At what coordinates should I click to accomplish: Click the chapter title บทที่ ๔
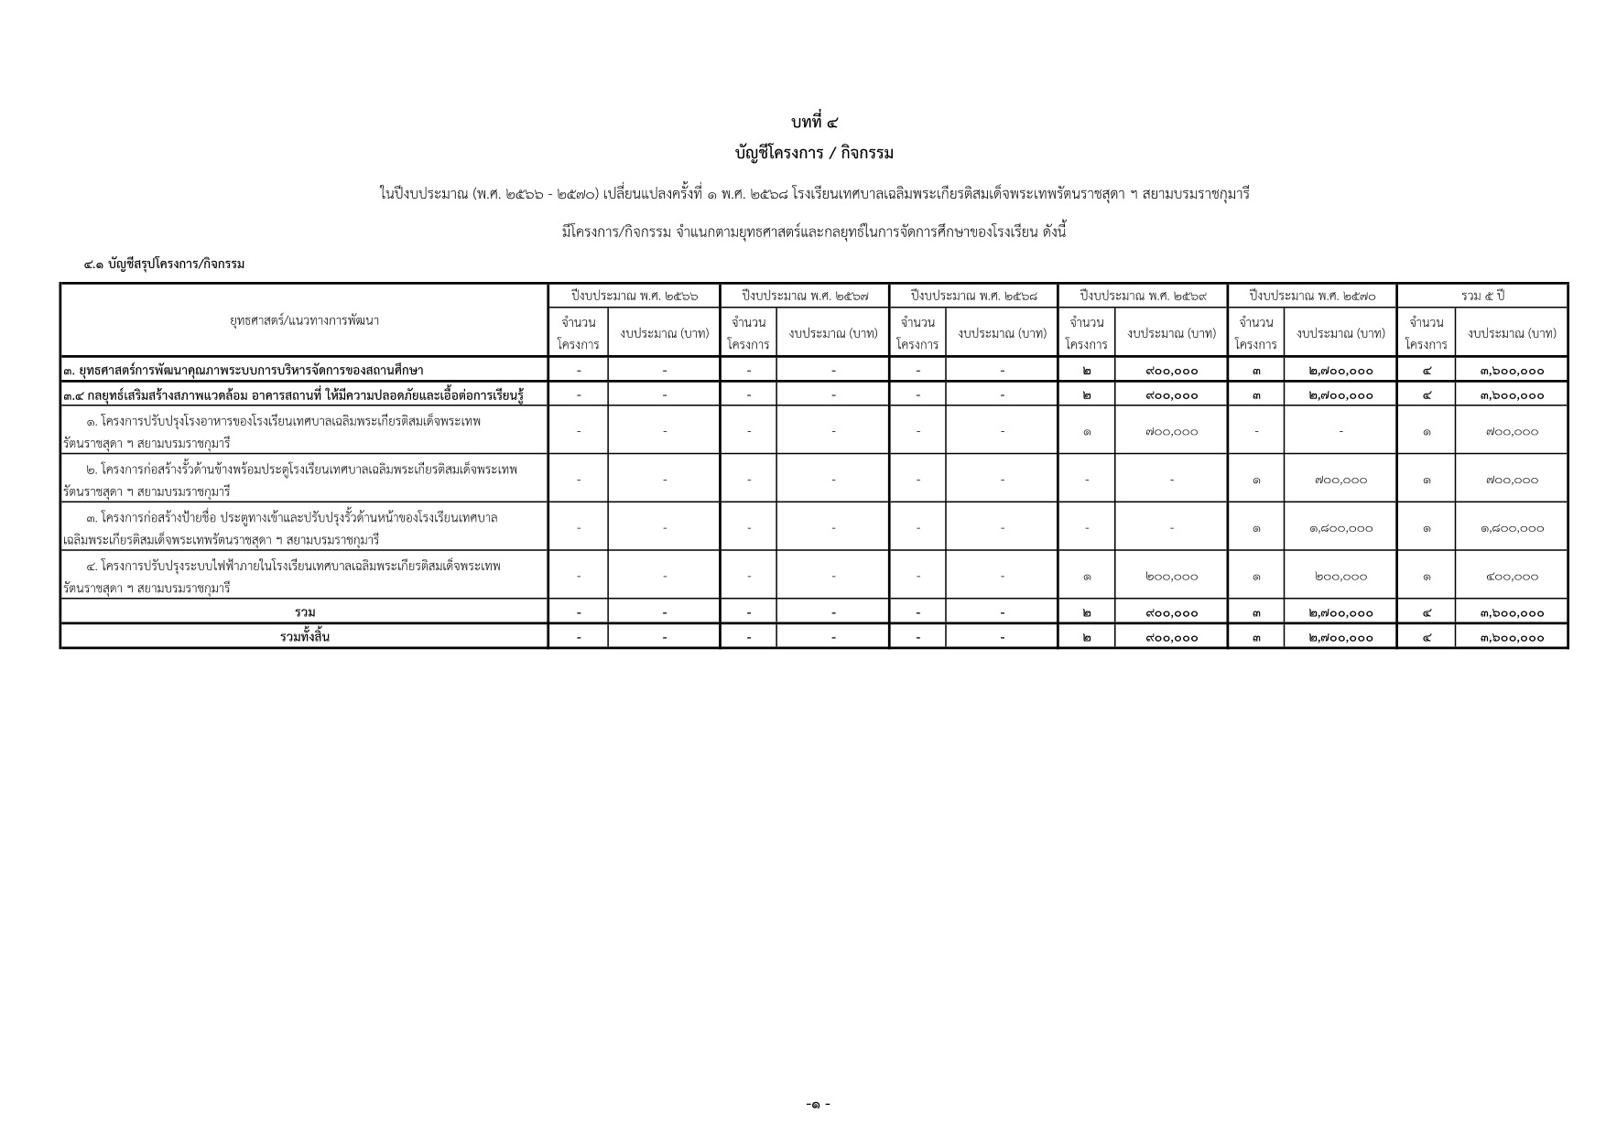click(814, 122)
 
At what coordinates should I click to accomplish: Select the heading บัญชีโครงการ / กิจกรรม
click(814, 153)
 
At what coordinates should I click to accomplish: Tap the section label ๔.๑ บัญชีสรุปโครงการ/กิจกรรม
click(164, 264)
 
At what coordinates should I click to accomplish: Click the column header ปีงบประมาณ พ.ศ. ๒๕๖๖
click(635, 296)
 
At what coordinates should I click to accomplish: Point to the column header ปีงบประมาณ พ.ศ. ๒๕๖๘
click(973, 296)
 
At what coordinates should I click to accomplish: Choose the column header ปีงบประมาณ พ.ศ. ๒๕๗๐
click(1311, 296)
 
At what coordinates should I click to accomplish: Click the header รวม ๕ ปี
click(1482, 296)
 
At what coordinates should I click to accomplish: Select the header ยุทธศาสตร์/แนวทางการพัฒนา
click(304, 320)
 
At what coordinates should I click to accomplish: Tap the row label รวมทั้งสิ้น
click(304, 636)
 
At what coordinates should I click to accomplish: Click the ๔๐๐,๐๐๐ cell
click(1512, 577)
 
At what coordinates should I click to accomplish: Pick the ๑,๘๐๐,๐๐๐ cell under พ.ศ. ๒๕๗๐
click(1340, 528)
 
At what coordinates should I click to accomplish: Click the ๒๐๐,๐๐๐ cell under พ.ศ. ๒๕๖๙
click(1171, 577)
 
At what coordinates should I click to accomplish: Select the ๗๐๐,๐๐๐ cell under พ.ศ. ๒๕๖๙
click(1171, 431)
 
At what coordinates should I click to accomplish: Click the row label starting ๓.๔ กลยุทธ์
click(293, 395)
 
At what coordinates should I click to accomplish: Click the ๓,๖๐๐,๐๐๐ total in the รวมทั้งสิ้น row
click(1512, 637)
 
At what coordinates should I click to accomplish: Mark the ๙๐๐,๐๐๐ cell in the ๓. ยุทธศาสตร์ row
click(1171, 371)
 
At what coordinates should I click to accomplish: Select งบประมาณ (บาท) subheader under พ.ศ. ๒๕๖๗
click(832, 333)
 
